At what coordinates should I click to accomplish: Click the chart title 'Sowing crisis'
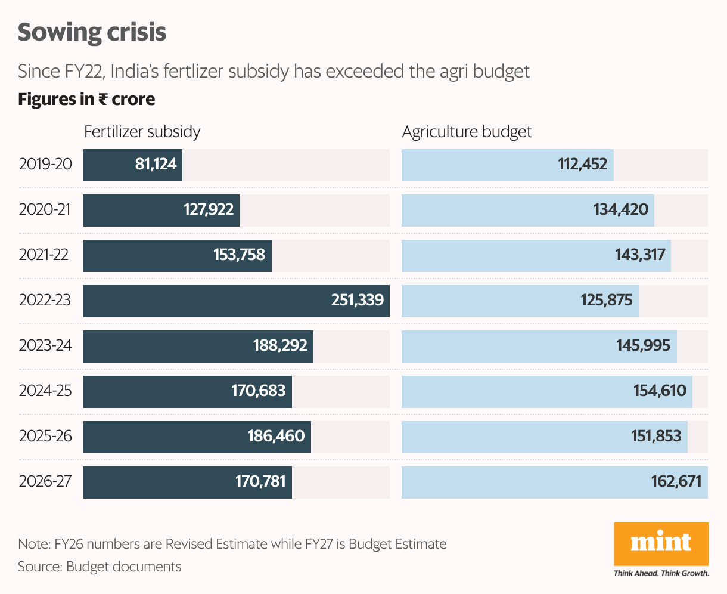point(92,33)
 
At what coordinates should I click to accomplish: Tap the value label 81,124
point(156,164)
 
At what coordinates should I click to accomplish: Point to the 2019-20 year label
point(45,164)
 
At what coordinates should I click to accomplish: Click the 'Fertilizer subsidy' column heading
point(142,132)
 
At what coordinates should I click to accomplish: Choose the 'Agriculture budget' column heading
point(467,132)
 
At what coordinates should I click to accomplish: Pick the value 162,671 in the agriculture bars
point(676,481)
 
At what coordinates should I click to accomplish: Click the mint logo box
point(661,543)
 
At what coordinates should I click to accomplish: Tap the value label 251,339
point(358,300)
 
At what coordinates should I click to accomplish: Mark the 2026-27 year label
point(45,481)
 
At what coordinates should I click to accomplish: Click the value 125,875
point(607,300)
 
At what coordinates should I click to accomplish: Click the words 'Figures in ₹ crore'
point(86,99)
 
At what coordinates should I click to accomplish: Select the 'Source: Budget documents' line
point(100,566)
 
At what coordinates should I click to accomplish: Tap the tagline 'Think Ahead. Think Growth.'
point(661,573)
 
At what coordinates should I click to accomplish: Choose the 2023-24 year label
point(45,345)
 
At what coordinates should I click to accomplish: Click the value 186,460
point(276,436)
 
